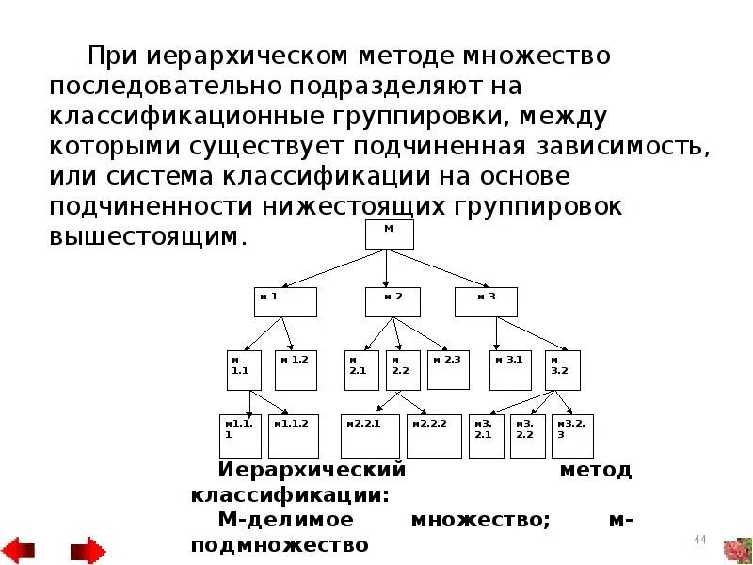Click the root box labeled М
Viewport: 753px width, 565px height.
tap(389, 234)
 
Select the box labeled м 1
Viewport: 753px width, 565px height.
tap(285, 302)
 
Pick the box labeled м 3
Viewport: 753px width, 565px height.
tap(487, 302)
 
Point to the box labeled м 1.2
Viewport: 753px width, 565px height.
tap(296, 370)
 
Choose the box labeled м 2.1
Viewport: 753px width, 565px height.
tap(361, 370)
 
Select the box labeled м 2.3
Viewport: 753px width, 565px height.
tap(448, 370)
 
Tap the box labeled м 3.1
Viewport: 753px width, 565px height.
tap(510, 370)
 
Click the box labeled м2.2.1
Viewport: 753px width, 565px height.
tap(370, 435)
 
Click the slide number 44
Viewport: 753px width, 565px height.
tap(699, 539)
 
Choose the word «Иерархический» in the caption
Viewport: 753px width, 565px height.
tap(312, 469)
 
